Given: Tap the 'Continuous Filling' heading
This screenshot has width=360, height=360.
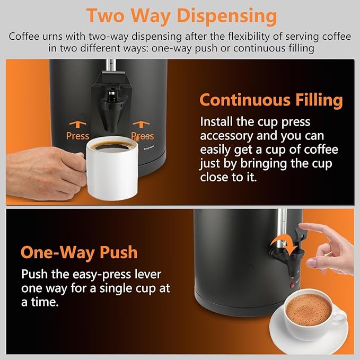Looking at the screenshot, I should [271, 100].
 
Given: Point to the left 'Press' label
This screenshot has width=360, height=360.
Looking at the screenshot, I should [77, 136].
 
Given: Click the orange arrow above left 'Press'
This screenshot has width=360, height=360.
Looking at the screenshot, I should [77, 124].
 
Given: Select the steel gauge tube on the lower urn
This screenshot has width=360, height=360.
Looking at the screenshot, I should [282, 223].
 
